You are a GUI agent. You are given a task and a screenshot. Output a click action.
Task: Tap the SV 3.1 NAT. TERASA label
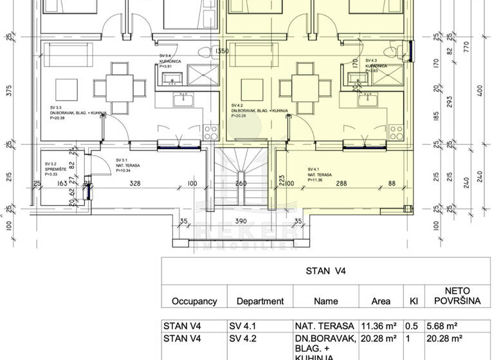point(127,164)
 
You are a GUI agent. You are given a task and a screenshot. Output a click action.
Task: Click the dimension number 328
point(134,184)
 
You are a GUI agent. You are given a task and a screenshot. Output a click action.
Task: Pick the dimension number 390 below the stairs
point(239,221)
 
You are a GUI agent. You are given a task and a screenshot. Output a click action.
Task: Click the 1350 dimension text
point(222,51)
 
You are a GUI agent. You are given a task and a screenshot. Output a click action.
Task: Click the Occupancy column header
point(194,301)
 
